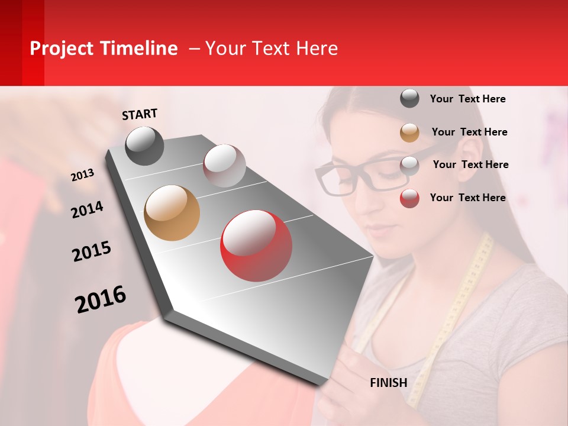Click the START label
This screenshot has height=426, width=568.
[x=140, y=114]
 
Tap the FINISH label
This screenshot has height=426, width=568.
[x=388, y=383]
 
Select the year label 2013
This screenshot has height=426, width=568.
[x=83, y=175]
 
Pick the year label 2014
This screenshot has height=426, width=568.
[x=87, y=209]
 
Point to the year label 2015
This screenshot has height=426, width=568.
[x=92, y=251]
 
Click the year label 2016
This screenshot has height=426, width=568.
[x=101, y=299]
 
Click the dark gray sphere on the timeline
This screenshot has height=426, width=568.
[x=144, y=146]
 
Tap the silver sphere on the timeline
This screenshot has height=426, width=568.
[x=224, y=165]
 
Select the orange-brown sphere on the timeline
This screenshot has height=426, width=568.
[x=172, y=213]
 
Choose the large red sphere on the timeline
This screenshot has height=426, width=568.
[x=256, y=245]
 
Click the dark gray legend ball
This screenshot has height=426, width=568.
[x=409, y=98]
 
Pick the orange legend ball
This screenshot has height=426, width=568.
[x=409, y=133]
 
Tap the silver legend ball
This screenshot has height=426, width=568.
[x=409, y=166]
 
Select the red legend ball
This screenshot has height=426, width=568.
[x=409, y=198]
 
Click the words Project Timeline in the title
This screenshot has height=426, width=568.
[x=104, y=49]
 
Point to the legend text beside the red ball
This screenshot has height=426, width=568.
[x=467, y=198]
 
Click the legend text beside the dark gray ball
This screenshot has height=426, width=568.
[x=467, y=99]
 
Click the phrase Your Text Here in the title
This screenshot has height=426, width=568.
[x=271, y=49]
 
